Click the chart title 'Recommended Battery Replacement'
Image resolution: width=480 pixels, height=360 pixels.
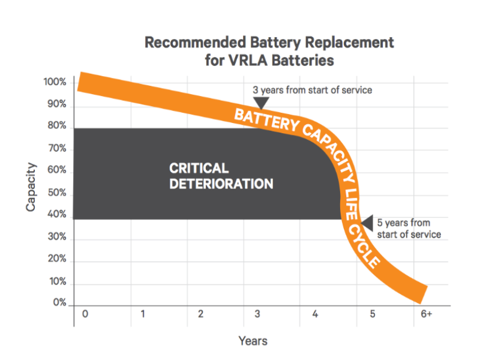pyautogui.click(x=269, y=43)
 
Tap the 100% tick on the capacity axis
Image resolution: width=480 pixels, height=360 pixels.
pyautogui.click(x=55, y=82)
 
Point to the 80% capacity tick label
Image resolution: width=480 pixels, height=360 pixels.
pyautogui.click(x=56, y=127)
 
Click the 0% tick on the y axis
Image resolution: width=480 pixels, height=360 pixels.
pyautogui.click(x=58, y=304)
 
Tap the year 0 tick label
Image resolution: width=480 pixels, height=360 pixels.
pyautogui.click(x=85, y=314)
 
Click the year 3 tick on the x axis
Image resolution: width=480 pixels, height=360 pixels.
pyautogui.click(x=257, y=314)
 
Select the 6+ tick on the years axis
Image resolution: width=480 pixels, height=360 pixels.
pyautogui.click(x=426, y=314)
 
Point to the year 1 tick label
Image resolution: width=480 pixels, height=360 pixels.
pyautogui.click(x=142, y=314)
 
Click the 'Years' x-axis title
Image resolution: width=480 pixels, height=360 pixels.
pyautogui.click(x=253, y=341)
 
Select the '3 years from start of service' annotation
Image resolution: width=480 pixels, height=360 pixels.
pyautogui.click(x=312, y=90)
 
